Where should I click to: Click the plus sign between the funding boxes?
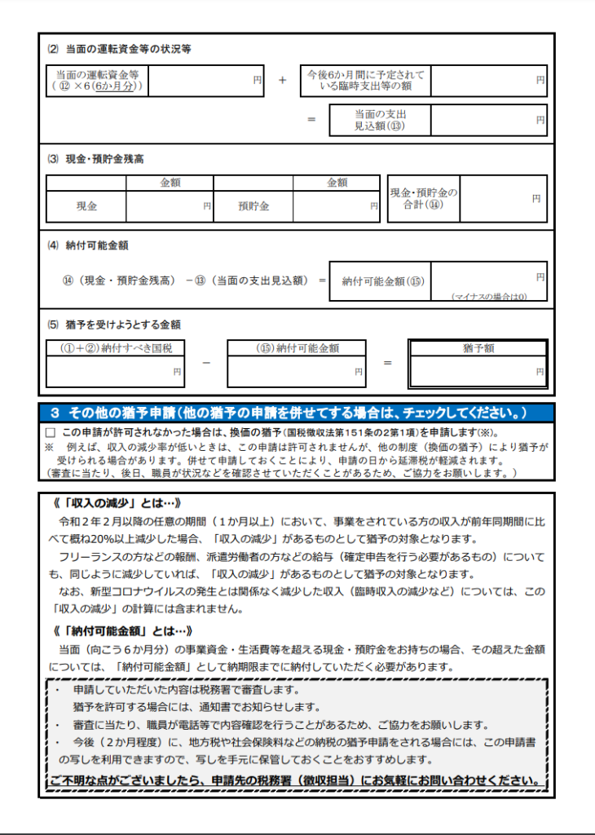coord(282,81)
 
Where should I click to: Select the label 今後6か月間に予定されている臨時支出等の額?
coord(365,81)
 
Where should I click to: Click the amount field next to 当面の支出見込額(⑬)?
coord(488,120)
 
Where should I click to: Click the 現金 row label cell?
coord(86,206)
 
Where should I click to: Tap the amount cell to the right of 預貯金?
coord(336,206)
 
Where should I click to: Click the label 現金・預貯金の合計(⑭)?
coord(423,199)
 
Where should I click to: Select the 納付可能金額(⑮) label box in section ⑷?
coord(380,281)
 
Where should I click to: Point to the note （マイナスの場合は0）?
coord(489,297)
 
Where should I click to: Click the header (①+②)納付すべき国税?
coord(115,348)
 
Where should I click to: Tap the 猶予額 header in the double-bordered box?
coord(478,348)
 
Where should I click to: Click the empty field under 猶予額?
coord(478,371)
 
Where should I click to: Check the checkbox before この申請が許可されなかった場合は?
coord(51,432)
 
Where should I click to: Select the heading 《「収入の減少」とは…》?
coord(115,502)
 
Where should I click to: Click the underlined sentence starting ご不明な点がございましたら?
coord(296,781)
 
